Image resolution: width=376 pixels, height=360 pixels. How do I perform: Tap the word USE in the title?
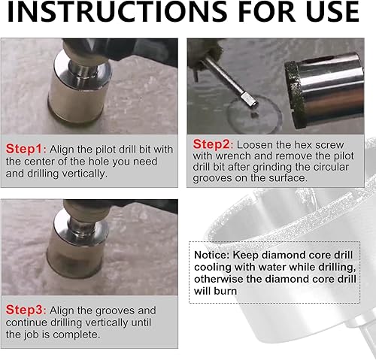click(332, 12)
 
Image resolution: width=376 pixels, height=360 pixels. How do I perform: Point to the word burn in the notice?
click(225, 291)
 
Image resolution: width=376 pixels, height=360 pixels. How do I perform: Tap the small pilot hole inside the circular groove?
click(254, 115)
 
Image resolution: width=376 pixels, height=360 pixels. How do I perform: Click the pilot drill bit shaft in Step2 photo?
click(229, 80)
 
